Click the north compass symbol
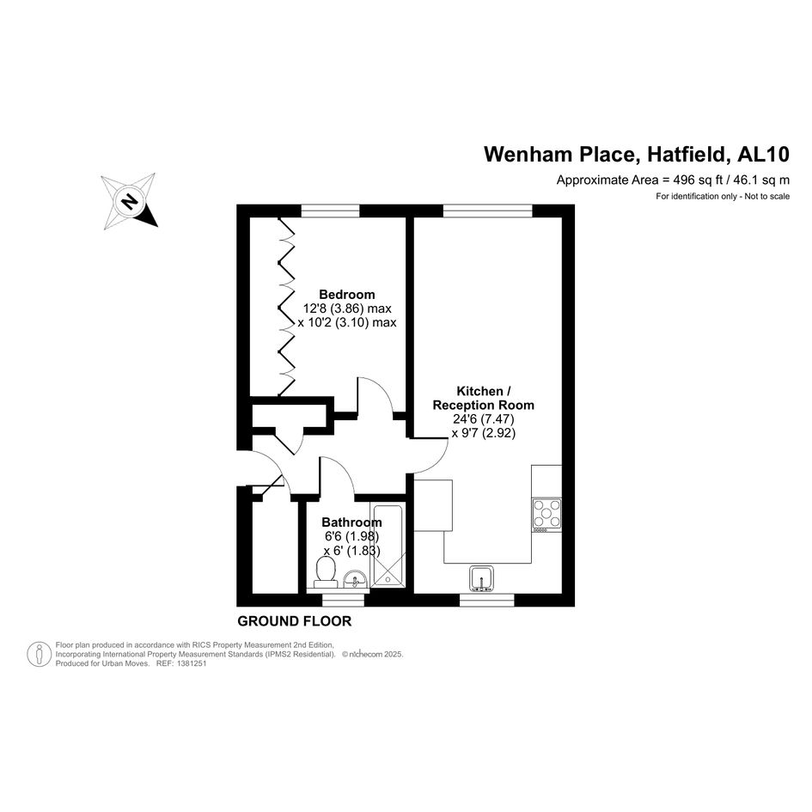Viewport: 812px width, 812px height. click(x=129, y=201)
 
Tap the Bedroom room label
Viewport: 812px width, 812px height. click(x=347, y=295)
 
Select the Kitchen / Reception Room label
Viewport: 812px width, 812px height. click(x=483, y=398)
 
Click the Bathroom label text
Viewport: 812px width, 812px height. click(x=351, y=522)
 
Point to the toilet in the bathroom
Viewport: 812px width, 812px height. click(x=326, y=573)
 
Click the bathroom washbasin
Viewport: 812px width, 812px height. click(x=356, y=579)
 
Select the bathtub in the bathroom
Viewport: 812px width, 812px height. click(x=388, y=546)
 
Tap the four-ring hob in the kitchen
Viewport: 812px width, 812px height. click(x=546, y=514)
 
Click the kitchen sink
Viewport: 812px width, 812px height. click(x=481, y=579)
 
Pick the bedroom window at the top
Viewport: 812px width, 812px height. click(x=331, y=211)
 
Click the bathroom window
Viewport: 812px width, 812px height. click(x=343, y=600)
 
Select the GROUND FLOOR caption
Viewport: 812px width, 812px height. click(x=294, y=621)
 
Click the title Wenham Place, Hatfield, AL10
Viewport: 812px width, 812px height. click(x=637, y=155)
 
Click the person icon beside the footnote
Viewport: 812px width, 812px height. click(x=39, y=654)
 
